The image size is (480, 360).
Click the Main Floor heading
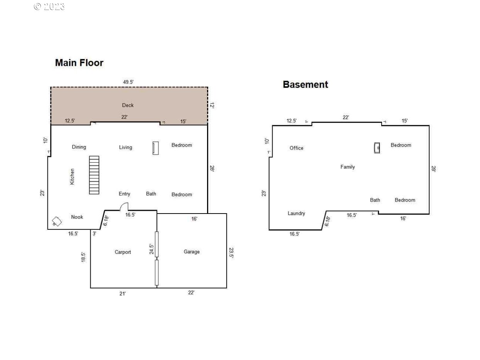79,63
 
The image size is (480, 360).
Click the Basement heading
305,85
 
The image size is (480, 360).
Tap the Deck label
128,105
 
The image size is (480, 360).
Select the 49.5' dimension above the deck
128,82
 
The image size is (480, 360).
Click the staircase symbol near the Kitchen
94,175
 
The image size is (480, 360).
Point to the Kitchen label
72,177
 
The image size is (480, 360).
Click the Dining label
79,147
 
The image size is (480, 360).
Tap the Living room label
125,147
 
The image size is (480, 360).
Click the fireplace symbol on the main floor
155,148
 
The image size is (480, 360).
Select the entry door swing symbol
124,207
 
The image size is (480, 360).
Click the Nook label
77,217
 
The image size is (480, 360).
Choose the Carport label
123,252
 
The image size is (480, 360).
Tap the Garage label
192,252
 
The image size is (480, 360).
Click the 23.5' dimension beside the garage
231,252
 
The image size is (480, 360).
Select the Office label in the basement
296,148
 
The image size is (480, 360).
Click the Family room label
347,167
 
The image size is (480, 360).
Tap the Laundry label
296,213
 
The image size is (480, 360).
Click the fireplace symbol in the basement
377,148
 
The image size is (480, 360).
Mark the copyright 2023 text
49,7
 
